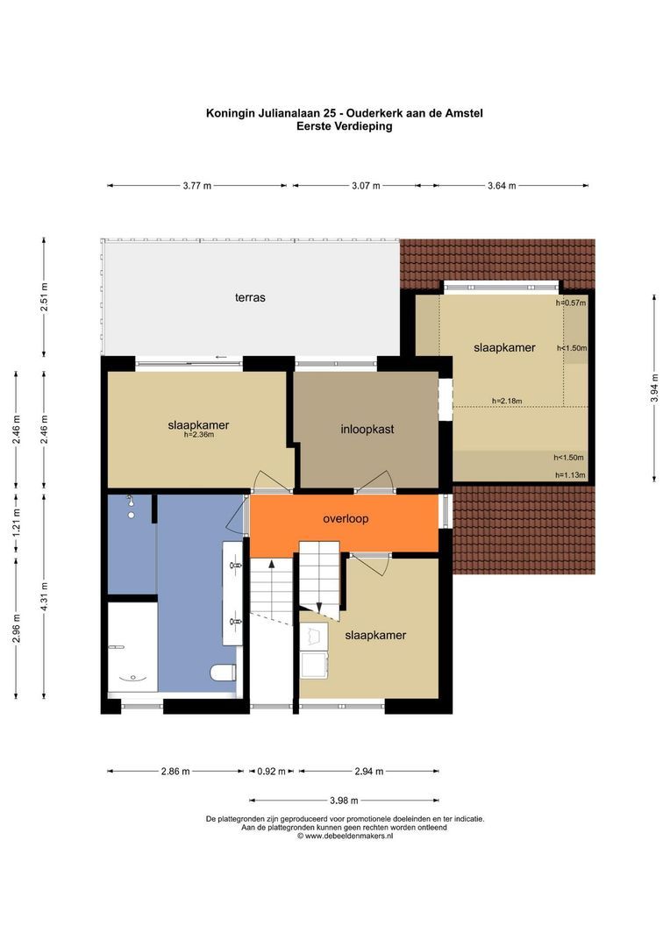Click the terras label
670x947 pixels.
click(x=250, y=297)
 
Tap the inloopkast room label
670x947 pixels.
click(x=367, y=430)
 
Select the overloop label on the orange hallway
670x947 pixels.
click(x=346, y=519)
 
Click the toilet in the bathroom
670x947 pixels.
click(x=223, y=673)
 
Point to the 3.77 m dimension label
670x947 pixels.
click(x=197, y=186)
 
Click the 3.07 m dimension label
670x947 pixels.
click(x=366, y=186)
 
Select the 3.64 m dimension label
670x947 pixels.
click(x=502, y=186)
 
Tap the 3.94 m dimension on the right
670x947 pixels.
click(x=654, y=389)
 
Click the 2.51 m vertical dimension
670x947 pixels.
click(x=44, y=297)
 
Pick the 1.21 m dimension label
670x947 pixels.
click(x=17, y=523)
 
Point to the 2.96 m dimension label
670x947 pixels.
click(x=17, y=629)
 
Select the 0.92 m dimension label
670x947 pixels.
click(x=272, y=772)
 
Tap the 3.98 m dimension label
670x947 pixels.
click(x=344, y=801)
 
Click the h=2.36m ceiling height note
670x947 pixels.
click(x=199, y=434)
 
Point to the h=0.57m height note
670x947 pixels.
click(x=571, y=303)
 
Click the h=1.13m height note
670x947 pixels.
click(x=570, y=475)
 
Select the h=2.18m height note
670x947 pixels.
click(x=507, y=401)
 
